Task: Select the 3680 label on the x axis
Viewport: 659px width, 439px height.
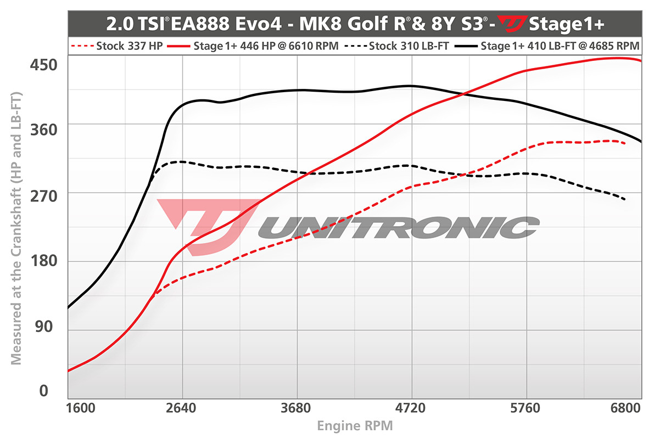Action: tap(297, 409)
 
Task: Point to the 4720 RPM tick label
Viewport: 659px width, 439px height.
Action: tap(411, 409)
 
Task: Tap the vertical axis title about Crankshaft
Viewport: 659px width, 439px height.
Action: tap(16, 228)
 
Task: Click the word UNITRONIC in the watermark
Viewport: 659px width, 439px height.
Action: tap(401, 227)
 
